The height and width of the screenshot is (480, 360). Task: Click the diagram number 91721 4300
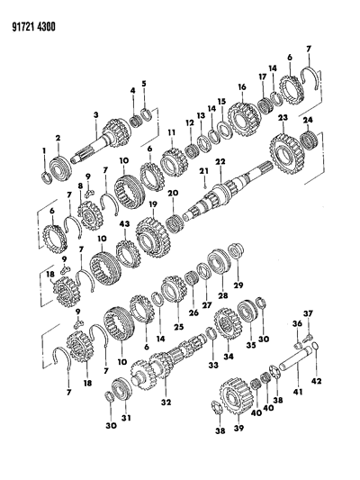point(33,27)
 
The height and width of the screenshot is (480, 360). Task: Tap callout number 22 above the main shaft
point(220,161)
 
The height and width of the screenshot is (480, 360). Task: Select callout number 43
point(124,224)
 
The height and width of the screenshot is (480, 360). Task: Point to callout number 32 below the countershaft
point(166,402)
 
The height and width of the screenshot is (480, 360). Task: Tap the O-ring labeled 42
point(316,347)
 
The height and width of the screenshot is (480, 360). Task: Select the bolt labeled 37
point(307,338)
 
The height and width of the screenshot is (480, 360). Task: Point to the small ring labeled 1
point(46,178)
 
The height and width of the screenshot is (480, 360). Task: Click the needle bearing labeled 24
point(310,140)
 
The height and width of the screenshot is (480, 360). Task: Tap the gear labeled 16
point(245,119)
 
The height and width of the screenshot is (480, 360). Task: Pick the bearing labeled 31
point(121,390)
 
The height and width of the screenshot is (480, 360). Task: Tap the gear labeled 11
point(172,162)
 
